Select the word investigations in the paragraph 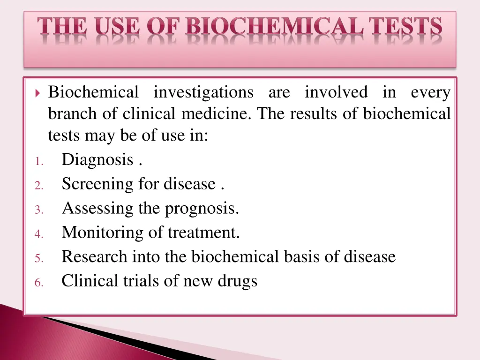203,92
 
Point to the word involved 336,92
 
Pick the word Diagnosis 98,160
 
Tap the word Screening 98,184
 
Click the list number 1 39,162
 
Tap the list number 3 39,210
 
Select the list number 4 39,234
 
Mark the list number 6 39,283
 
